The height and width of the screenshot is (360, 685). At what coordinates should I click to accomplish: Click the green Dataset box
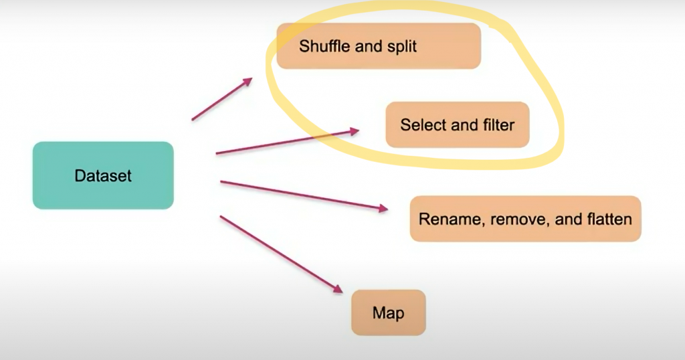(x=103, y=175)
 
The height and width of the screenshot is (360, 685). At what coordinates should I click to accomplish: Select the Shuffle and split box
(x=379, y=46)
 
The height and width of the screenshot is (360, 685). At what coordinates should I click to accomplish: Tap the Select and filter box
(x=458, y=124)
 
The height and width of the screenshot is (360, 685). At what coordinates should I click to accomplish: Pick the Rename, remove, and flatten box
(x=525, y=219)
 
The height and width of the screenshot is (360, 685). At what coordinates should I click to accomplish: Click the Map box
(x=388, y=312)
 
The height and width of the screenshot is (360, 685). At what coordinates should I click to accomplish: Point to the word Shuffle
(x=323, y=46)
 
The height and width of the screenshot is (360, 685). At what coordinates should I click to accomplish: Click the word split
(x=403, y=46)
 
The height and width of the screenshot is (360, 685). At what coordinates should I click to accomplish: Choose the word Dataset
(x=103, y=176)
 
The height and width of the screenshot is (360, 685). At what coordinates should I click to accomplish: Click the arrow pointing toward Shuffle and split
(x=221, y=99)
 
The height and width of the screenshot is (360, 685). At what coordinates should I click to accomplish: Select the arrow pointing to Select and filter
(x=288, y=142)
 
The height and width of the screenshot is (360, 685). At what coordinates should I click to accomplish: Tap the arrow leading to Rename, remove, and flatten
(x=304, y=195)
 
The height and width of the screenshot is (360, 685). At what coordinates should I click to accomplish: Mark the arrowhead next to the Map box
(x=337, y=289)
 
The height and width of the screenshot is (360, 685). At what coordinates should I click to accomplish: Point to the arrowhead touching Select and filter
(x=355, y=132)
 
